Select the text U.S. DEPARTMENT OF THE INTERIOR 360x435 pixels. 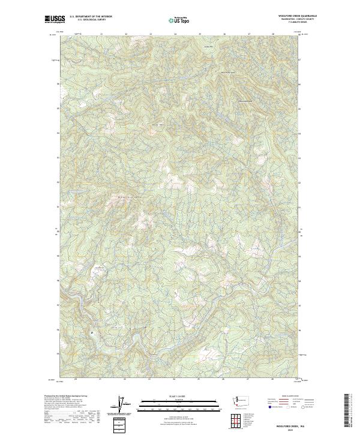[91, 16]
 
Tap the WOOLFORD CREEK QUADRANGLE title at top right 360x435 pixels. [297, 16]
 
